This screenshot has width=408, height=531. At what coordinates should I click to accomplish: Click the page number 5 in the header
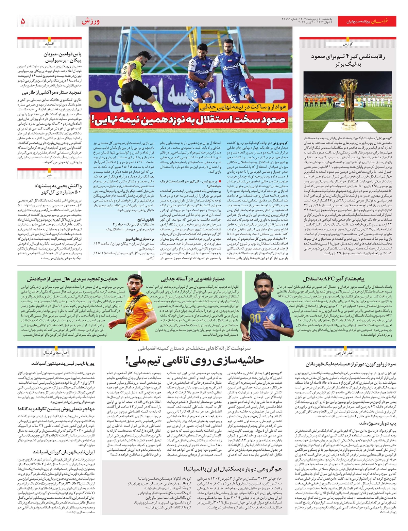tap(23, 21)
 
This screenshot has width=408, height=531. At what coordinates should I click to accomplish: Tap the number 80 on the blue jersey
tap(255, 318)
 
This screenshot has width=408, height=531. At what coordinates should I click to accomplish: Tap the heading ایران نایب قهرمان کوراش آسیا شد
tap(64, 452)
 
